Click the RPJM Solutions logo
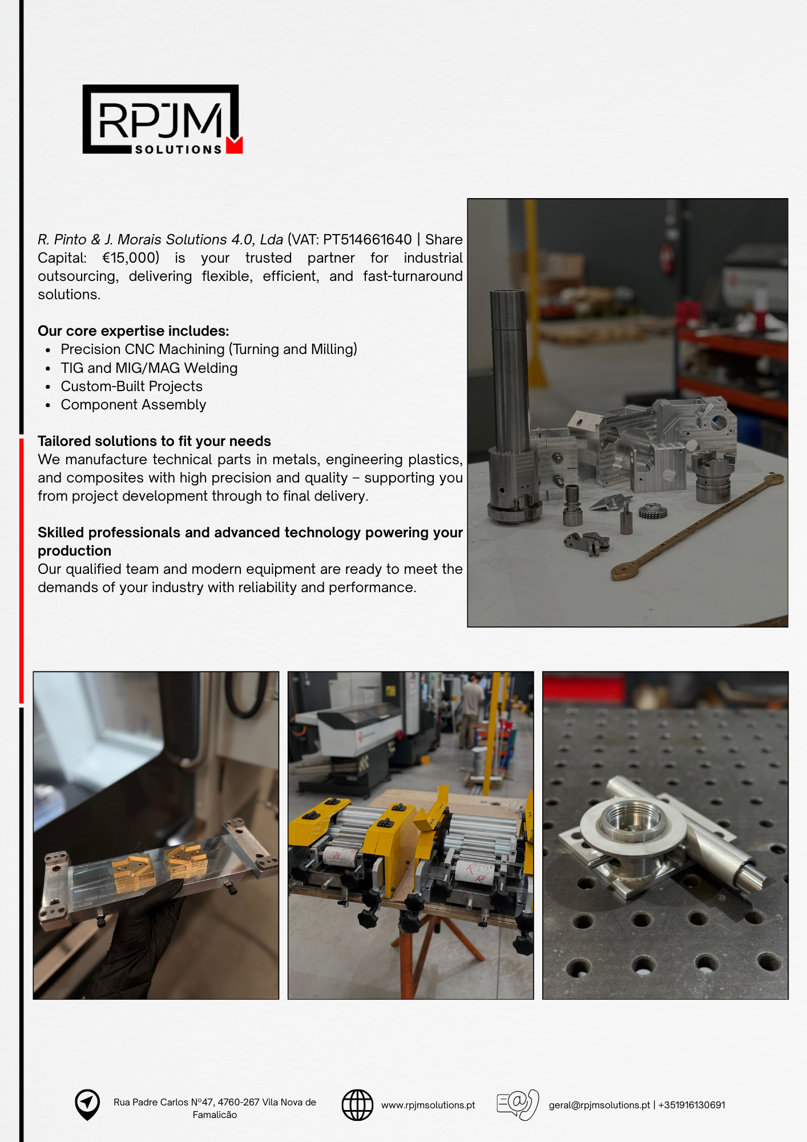click(162, 120)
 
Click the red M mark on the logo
click(234, 146)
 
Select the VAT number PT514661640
click(367, 239)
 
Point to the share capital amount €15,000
click(130, 258)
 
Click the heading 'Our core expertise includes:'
click(133, 331)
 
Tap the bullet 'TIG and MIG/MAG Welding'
click(149, 368)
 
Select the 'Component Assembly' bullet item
click(133, 405)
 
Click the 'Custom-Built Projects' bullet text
click(131, 387)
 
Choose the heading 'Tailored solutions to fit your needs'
click(154, 441)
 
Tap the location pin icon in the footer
click(87, 1104)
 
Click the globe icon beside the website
click(357, 1105)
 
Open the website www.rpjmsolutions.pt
click(428, 1105)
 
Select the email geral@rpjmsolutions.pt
click(599, 1105)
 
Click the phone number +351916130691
click(692, 1105)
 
